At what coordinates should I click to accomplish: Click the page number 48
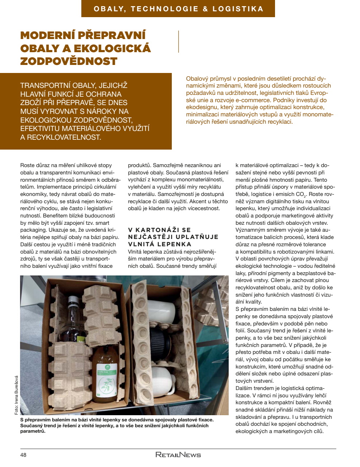[x=23, y=455]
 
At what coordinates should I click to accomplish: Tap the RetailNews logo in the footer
[x=178, y=455]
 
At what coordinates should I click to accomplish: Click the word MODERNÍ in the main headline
[x=46, y=35]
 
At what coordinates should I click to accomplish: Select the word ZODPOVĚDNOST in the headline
[x=69, y=61]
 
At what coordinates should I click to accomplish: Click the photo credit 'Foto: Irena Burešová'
[x=16, y=395]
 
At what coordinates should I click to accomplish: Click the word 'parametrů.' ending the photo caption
[x=33, y=431]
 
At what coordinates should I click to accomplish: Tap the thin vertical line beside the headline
[x=178, y=42]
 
